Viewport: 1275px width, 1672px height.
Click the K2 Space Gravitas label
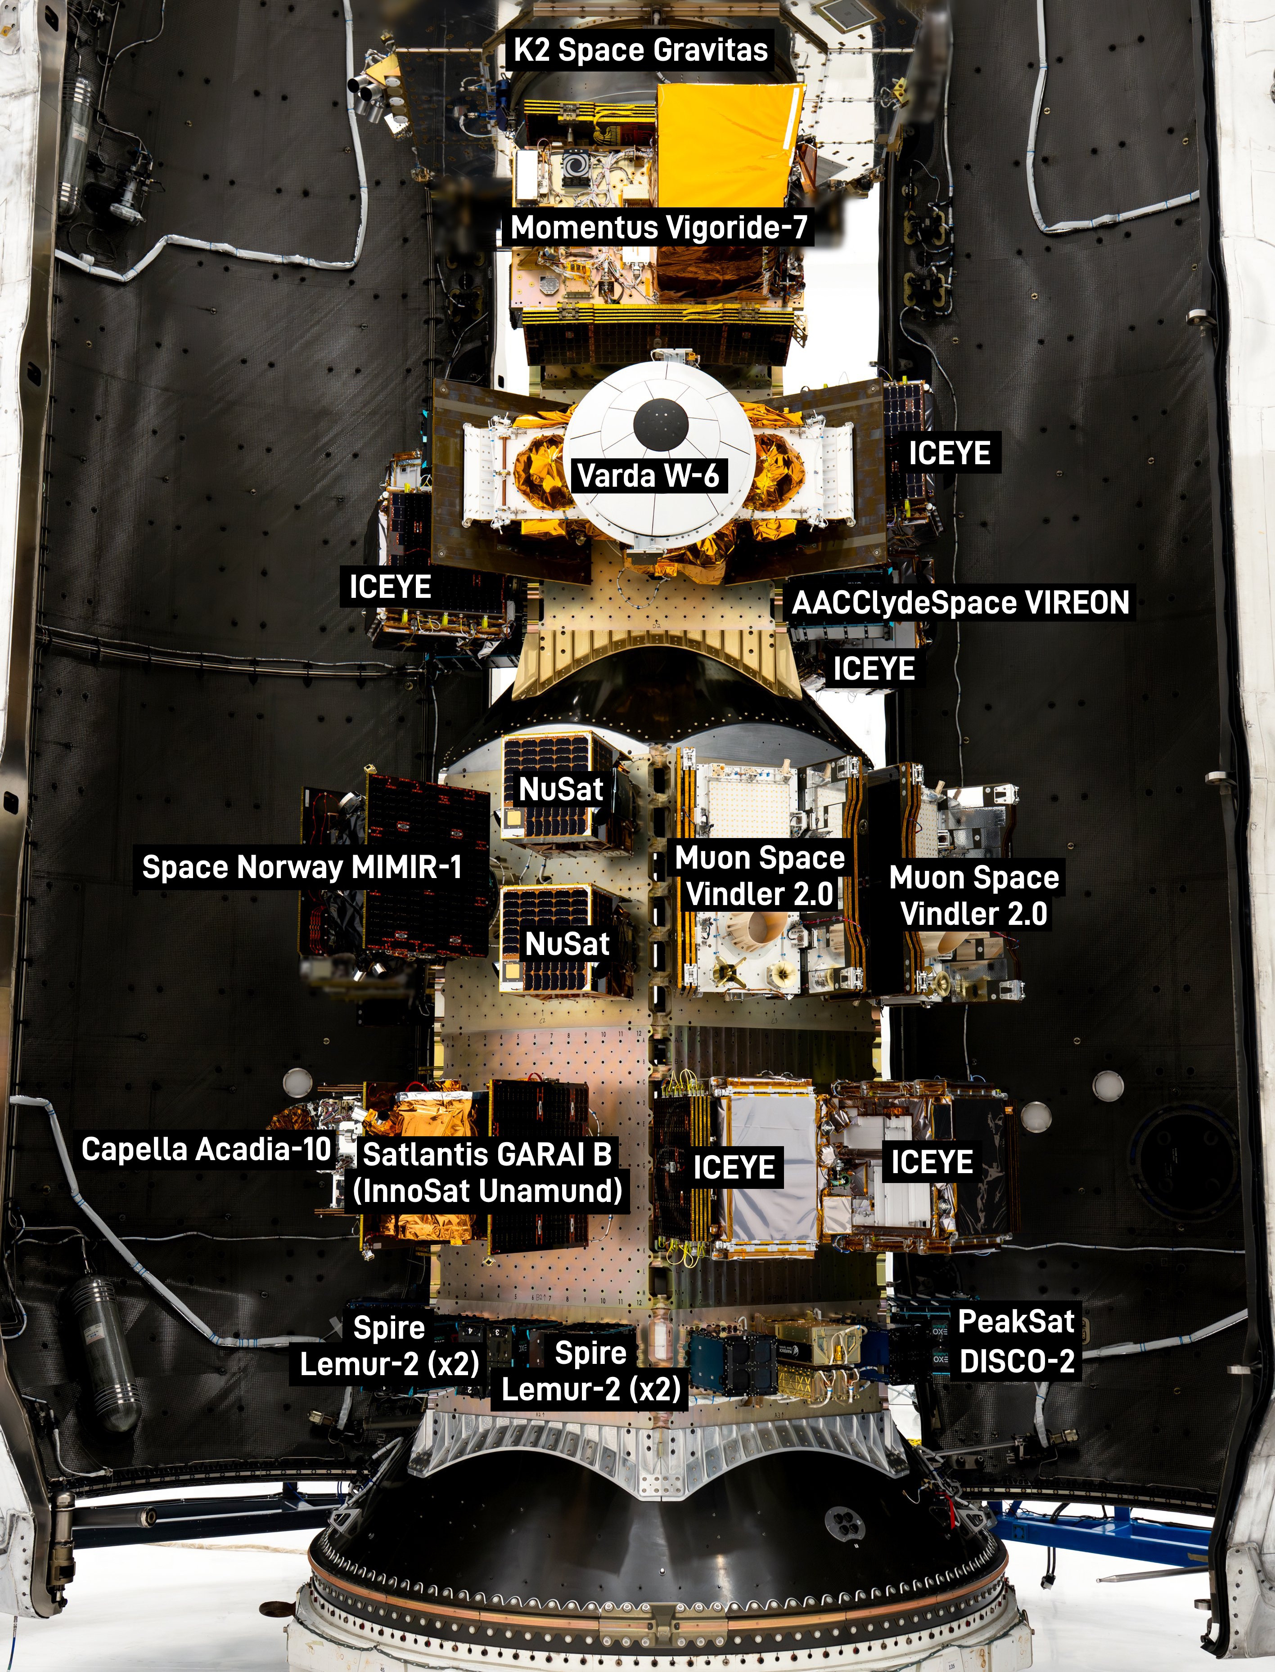pyautogui.click(x=640, y=50)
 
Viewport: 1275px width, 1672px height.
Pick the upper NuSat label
pyautogui.click(x=561, y=789)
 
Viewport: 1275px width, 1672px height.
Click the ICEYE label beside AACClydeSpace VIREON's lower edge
pyautogui.click(x=874, y=668)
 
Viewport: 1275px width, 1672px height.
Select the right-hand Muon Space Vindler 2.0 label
pyautogui.click(x=974, y=895)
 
